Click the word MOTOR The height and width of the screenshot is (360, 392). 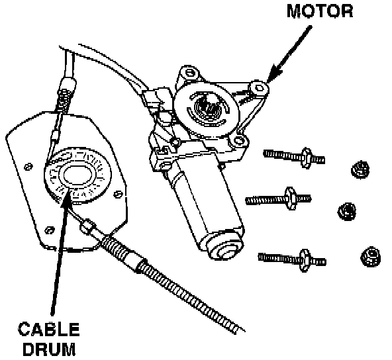click(x=320, y=11)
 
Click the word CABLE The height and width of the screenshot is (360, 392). click(x=49, y=329)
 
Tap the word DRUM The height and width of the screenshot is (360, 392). click(x=49, y=349)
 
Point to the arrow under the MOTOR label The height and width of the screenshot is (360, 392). click(x=289, y=54)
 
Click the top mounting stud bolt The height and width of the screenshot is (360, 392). click(x=294, y=157)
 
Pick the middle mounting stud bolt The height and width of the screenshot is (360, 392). click(x=278, y=199)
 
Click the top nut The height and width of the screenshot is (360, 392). click(x=360, y=169)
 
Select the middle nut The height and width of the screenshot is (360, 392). click(x=347, y=211)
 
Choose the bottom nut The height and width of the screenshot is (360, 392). click(x=371, y=256)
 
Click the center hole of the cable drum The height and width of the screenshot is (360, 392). click(x=77, y=175)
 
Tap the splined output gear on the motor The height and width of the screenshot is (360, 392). click(x=207, y=108)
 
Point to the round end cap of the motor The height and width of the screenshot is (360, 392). click(x=224, y=248)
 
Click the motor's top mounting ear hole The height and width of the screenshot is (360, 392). click(x=189, y=73)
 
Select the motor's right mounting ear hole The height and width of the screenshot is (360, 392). click(x=259, y=88)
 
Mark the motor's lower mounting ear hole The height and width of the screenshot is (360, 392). click(x=239, y=140)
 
